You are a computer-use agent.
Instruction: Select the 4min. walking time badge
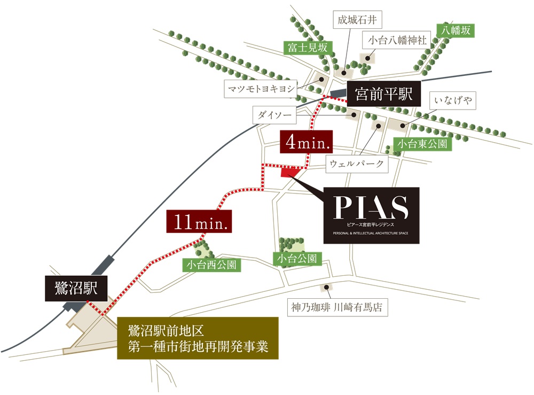pyautogui.click(x=306, y=143)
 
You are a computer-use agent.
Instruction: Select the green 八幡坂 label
pyautogui.click(x=455, y=30)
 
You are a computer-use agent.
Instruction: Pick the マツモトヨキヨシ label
pyautogui.click(x=261, y=89)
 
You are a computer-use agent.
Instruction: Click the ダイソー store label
pyautogui.click(x=274, y=114)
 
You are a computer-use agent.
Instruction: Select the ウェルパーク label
pyautogui.click(x=357, y=164)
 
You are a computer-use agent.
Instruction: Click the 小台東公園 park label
pyautogui.click(x=422, y=143)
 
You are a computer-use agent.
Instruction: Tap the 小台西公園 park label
pyautogui.click(x=211, y=264)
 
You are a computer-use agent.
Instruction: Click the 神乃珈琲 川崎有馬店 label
pyautogui.click(x=339, y=307)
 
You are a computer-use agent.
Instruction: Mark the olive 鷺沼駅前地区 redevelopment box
pyautogui.click(x=198, y=338)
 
